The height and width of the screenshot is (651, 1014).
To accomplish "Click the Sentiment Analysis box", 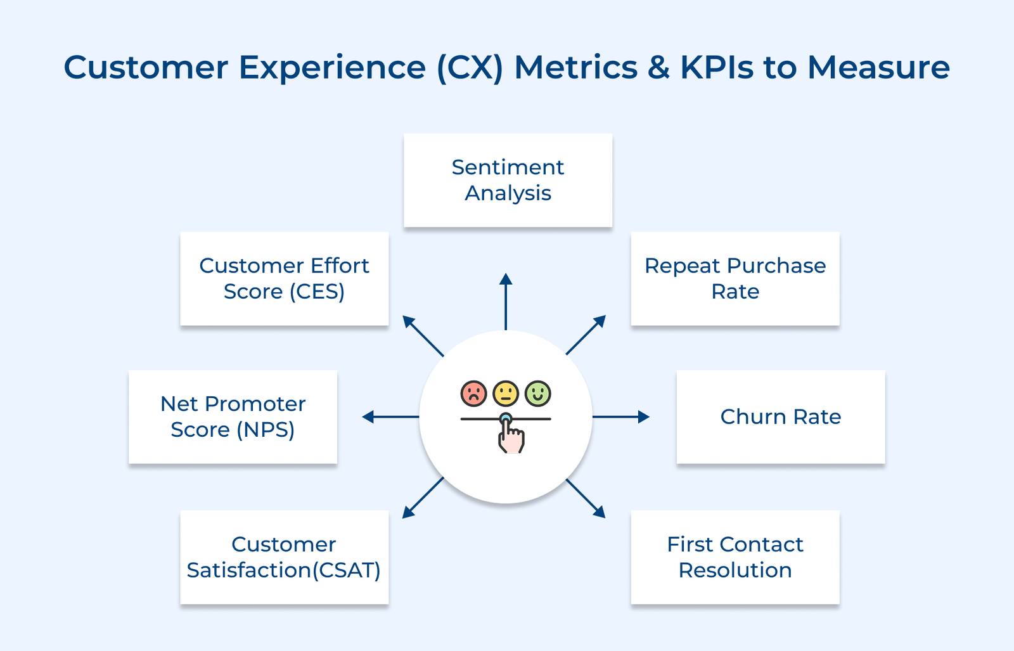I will (508, 180).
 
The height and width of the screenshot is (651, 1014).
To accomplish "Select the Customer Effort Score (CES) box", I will (284, 278).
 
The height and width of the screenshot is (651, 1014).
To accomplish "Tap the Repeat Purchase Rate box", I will (735, 278).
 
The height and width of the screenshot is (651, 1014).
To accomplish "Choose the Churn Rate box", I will (780, 416).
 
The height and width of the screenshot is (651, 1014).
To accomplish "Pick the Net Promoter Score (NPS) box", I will (233, 416).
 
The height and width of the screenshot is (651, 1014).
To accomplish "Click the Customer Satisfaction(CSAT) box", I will (284, 557).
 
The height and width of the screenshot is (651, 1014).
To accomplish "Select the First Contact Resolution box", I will (735, 557).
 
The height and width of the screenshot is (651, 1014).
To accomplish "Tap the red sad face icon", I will (473, 394).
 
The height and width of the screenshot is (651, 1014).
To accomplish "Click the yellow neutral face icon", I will (506, 394).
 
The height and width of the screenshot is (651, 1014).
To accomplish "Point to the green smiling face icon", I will (538, 394).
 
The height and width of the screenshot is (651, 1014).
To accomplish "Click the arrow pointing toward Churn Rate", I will (621, 416).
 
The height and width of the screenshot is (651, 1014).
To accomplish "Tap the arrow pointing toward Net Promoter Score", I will (390, 416).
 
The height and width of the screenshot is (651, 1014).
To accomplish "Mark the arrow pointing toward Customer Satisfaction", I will (423, 498).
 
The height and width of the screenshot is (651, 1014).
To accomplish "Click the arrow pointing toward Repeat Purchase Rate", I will (586, 335).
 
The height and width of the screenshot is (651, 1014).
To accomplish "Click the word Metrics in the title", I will (575, 67).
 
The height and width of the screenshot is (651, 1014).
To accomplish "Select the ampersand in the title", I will (658, 67).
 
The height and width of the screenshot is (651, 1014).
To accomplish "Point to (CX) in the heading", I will (470, 67).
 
